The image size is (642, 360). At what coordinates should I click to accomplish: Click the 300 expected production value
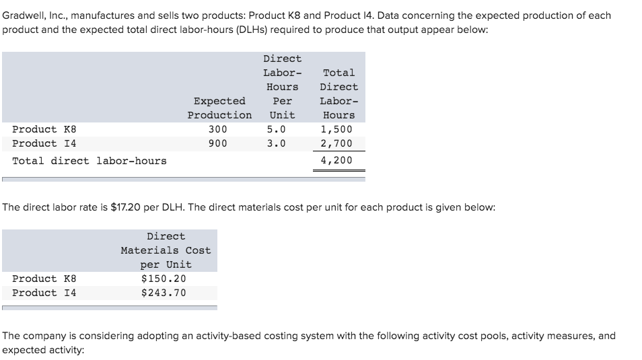(218, 129)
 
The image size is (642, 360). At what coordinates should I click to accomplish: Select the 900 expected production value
(218, 143)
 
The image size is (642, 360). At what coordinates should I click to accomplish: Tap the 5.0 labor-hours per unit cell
(276, 129)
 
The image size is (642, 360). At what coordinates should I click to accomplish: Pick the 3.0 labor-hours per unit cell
(276, 143)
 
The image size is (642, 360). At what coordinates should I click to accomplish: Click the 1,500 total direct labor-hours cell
(336, 129)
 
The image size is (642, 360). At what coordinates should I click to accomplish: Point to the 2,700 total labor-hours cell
(336, 143)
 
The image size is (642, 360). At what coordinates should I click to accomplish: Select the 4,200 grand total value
(336, 160)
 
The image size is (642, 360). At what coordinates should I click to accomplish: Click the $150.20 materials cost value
(164, 279)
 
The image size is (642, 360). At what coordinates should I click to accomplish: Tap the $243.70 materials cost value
(164, 293)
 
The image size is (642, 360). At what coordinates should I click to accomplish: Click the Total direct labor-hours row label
(90, 161)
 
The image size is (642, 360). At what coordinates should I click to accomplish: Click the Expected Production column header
(219, 108)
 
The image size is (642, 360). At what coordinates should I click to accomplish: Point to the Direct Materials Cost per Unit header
(166, 250)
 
